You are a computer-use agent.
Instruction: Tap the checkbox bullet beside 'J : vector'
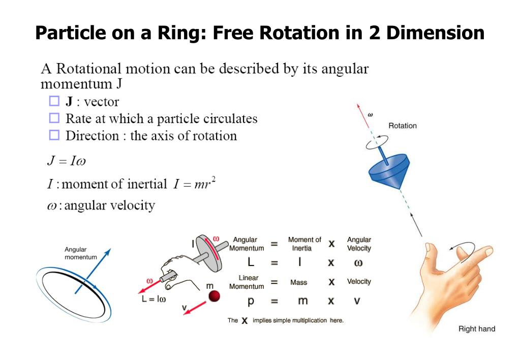pos(54,102)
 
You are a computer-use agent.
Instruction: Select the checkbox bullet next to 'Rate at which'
pos(54,118)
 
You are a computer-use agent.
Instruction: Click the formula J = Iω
pos(64,161)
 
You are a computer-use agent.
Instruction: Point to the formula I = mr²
pos(195,184)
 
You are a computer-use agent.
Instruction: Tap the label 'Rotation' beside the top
pos(402,126)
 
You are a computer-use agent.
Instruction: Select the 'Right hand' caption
pos(476,329)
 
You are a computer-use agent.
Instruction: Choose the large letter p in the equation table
pos(250,301)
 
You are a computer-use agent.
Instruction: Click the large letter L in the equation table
pos(251,262)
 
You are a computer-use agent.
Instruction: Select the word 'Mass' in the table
pos(299,282)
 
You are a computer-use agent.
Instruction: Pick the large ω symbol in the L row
pos(358,263)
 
